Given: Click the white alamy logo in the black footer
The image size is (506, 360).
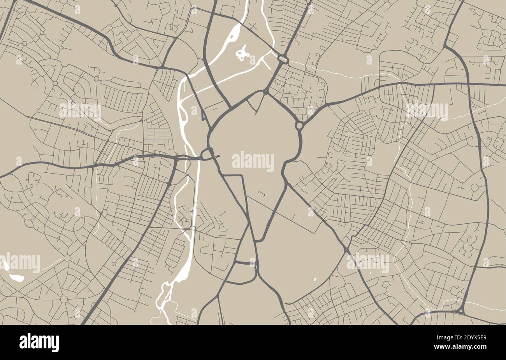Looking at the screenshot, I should pyautogui.click(x=39, y=342).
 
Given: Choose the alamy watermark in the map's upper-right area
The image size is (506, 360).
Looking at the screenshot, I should pyautogui.click(x=427, y=110).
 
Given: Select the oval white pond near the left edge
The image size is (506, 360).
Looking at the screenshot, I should pyautogui.click(x=16, y=277).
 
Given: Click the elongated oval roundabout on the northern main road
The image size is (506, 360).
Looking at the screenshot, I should pyautogui.click(x=283, y=59).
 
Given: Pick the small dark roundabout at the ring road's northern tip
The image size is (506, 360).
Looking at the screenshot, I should pyautogui.click(x=265, y=92).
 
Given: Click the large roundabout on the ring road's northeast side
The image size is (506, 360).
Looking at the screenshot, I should pyautogui.click(x=299, y=126).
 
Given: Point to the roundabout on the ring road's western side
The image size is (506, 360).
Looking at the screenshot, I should pyautogui.click(x=207, y=154).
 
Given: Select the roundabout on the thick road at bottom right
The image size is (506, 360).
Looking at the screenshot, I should pyautogui.click(x=461, y=311).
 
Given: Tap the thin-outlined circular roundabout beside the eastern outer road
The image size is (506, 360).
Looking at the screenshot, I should pyautogui.click(x=474, y=188).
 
